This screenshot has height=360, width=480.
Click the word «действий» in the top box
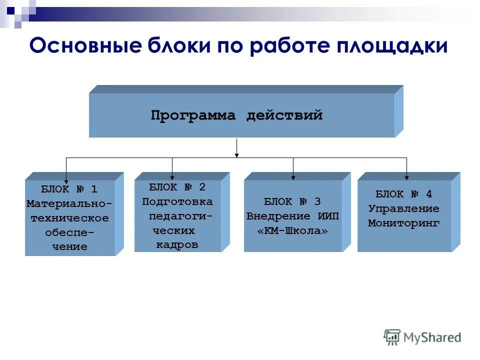point(284,116)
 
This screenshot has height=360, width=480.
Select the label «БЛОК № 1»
point(69,189)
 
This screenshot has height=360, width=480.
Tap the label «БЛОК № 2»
point(177,187)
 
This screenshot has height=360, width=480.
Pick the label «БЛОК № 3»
point(292,202)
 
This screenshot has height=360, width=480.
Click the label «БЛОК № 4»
point(403,194)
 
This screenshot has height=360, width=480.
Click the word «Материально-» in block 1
point(69,204)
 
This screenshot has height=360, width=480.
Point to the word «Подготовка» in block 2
point(177,202)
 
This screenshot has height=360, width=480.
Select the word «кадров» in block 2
point(177,245)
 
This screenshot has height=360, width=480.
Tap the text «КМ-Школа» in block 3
point(292,231)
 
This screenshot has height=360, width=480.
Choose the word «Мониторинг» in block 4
point(403,223)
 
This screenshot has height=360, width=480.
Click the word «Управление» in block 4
point(403,209)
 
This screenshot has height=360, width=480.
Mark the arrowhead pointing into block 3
point(293,176)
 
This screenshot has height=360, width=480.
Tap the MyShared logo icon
point(392,336)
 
